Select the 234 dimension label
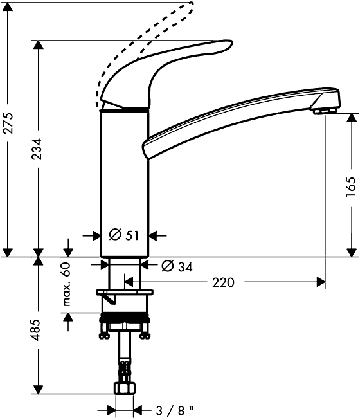coord(37,149)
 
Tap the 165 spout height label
coord(350,187)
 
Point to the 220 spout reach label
coord(223,282)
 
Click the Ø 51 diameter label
coord(124,235)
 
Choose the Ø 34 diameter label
coord(177,266)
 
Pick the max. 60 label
coord(66,284)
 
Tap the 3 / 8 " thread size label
coord(175,410)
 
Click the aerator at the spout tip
coord(325,111)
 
